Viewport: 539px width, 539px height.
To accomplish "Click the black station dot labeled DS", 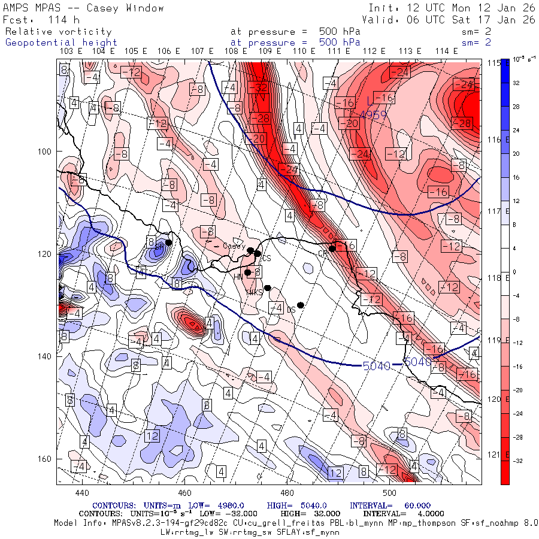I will (301, 305).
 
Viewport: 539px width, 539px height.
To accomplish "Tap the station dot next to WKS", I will (268, 287).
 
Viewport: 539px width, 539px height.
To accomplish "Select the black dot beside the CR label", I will (332, 249).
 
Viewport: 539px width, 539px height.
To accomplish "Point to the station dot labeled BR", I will (169, 243).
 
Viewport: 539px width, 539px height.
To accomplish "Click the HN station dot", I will (247, 272).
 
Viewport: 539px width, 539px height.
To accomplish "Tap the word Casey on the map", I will (234, 246).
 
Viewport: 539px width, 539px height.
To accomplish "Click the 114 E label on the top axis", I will (443, 52).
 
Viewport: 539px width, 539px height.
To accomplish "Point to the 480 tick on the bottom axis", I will (287, 493).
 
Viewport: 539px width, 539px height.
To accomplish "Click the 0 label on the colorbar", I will (516, 272).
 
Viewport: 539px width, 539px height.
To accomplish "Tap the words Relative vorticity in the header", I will (58, 32).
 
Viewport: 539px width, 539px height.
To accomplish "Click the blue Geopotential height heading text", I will (61, 43).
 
